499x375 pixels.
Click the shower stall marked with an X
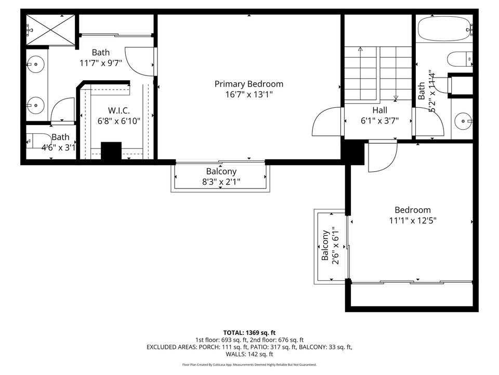[x=50, y=30]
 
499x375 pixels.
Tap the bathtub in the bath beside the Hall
[x=443, y=30]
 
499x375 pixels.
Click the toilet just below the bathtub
[x=459, y=59]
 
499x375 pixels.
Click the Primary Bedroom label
[x=249, y=84]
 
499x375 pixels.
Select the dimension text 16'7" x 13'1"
[x=249, y=94]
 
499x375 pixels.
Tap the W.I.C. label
[x=119, y=110]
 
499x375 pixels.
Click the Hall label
[x=379, y=110]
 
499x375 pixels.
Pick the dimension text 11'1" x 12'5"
[x=413, y=220]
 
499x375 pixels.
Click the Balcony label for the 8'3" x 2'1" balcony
[x=221, y=171]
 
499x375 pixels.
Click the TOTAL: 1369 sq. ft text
[x=249, y=332]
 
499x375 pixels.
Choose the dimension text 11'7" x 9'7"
[x=100, y=63]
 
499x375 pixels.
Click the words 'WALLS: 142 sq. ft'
[x=249, y=354]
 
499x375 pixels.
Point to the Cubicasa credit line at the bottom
[x=249, y=365]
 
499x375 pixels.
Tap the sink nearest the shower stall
[x=36, y=66]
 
